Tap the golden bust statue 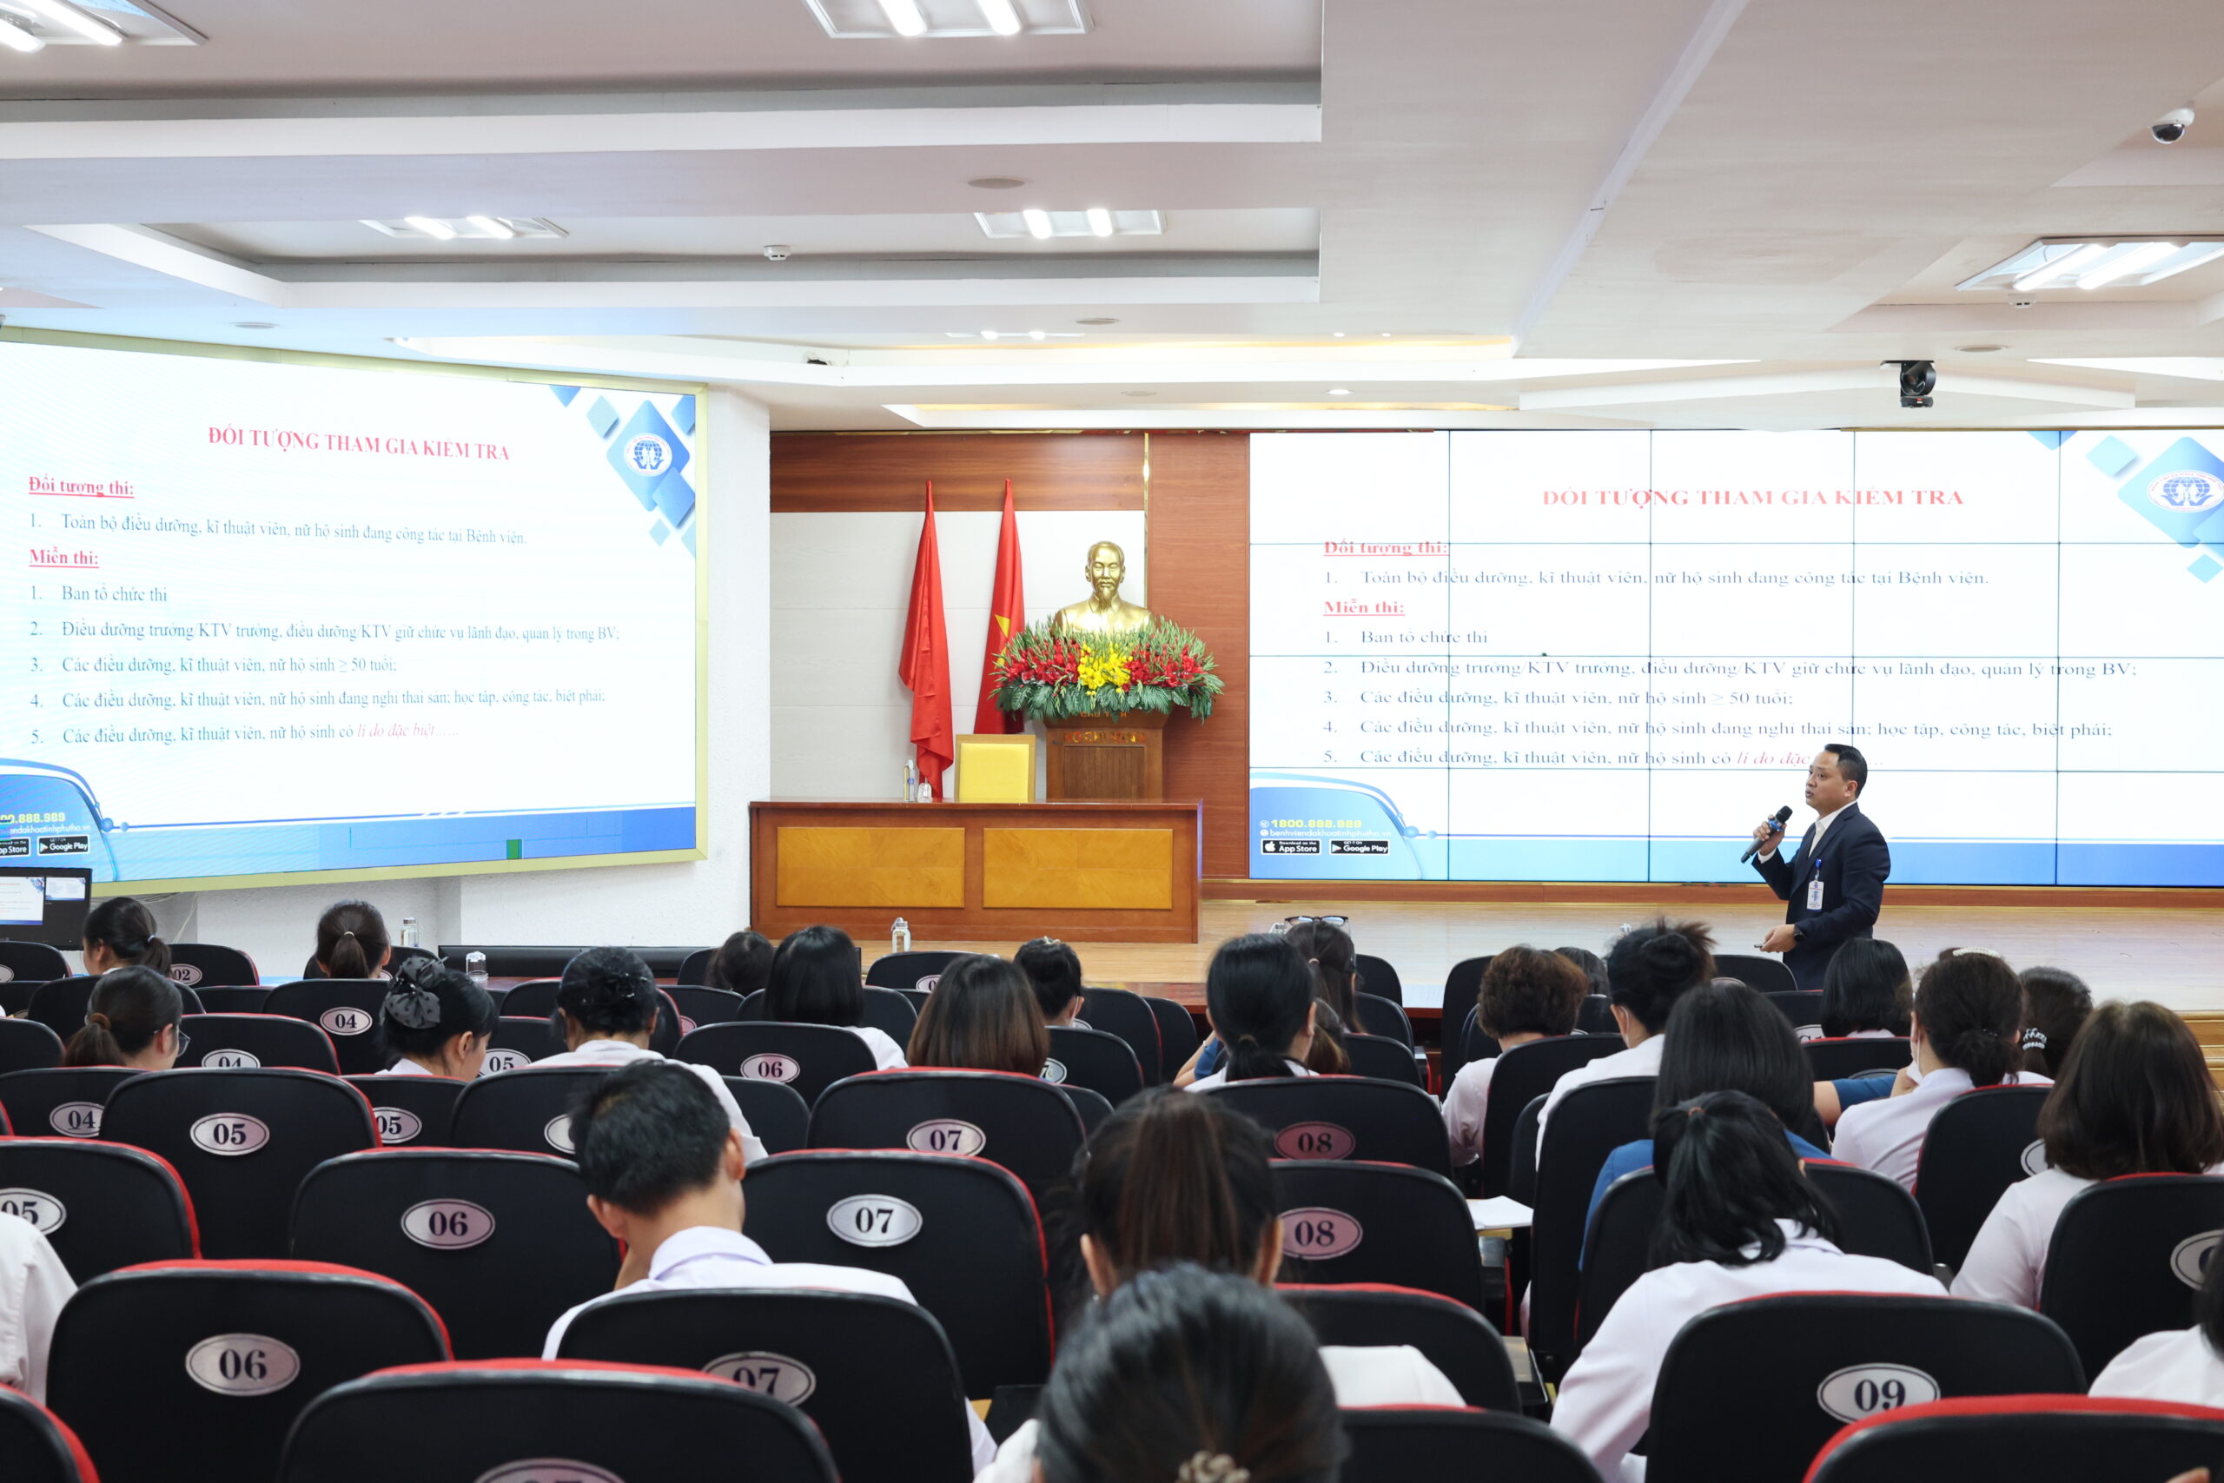[1102, 587]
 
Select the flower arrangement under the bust [1104, 669]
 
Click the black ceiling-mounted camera [1916, 383]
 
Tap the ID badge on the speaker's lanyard [1814, 893]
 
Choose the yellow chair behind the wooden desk [994, 768]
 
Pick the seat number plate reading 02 [184, 974]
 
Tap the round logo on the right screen [2183, 491]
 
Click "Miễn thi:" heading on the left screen [63, 557]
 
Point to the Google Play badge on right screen [1359, 847]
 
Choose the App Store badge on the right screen [1291, 847]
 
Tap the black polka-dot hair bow [414, 993]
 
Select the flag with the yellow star [1003, 615]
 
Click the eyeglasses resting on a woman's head [1315, 920]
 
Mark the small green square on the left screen [513, 849]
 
